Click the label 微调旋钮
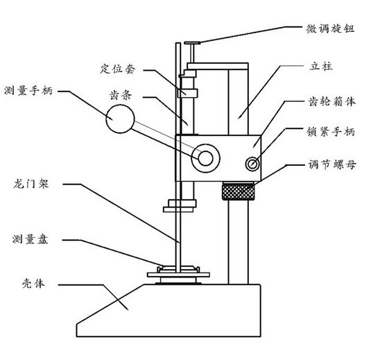(x=330, y=29)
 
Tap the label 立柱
(x=321, y=66)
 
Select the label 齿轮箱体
(x=331, y=101)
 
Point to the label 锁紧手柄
(x=331, y=132)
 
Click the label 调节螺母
(x=331, y=164)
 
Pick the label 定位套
(x=118, y=69)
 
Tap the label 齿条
(x=120, y=95)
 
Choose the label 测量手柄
(x=28, y=91)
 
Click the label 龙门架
(x=31, y=184)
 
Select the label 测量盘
(x=31, y=239)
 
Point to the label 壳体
(x=33, y=283)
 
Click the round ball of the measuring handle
(x=120, y=119)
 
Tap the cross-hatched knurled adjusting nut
(x=239, y=191)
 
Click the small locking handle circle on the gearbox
(x=252, y=164)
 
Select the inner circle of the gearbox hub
(x=206, y=158)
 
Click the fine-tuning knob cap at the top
(x=192, y=43)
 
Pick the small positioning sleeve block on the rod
(x=188, y=93)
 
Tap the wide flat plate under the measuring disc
(x=178, y=275)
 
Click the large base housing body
(x=169, y=310)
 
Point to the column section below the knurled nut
(x=239, y=242)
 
